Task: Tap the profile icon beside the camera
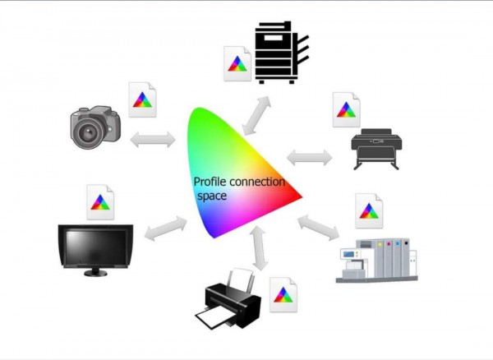[142, 99]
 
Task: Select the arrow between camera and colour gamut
[153, 140]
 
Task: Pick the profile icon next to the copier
[237, 63]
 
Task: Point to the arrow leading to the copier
[256, 115]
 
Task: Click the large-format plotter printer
[376, 149]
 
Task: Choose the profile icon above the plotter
[346, 109]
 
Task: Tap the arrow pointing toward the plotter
[310, 158]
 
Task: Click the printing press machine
[376, 261]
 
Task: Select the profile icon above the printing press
[369, 210]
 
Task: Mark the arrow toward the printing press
[318, 228]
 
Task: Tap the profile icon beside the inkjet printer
[283, 294]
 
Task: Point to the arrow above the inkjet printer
[260, 248]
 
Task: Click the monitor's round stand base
[95, 273]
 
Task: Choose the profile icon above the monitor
[100, 202]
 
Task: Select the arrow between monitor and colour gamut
[166, 228]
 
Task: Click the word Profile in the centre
[210, 182]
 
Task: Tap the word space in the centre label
[212, 196]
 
